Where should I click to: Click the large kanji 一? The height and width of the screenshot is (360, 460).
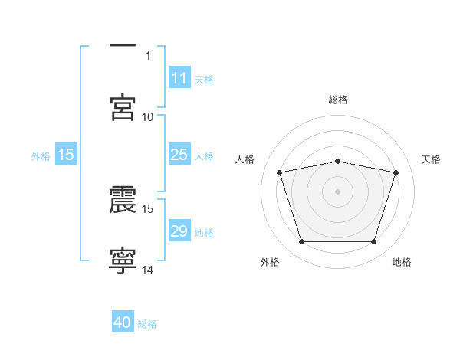click(x=123, y=45)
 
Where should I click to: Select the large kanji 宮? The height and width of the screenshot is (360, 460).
click(x=123, y=107)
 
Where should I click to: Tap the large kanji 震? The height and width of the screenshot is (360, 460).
click(x=123, y=199)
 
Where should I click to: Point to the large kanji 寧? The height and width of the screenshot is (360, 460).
click(x=123, y=261)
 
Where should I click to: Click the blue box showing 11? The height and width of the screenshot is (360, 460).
click(x=179, y=77)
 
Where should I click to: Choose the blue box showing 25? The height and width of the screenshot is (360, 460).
click(x=179, y=154)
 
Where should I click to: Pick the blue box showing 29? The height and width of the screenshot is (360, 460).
click(x=179, y=230)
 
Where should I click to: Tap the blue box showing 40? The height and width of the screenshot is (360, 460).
click(x=123, y=321)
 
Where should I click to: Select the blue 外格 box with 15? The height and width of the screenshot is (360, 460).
click(x=66, y=154)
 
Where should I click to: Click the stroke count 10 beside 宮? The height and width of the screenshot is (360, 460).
click(x=147, y=117)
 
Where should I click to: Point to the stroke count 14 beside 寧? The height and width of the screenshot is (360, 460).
click(x=147, y=270)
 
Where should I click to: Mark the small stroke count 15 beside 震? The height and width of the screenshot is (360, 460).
click(x=147, y=209)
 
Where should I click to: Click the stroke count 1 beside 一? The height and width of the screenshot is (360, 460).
click(x=148, y=56)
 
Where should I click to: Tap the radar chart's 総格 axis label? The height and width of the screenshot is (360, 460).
click(x=338, y=100)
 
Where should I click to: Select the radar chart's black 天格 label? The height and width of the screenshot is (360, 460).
click(x=431, y=159)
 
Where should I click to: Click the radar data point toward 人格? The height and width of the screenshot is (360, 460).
click(x=280, y=172)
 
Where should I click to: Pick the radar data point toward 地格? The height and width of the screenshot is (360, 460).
click(x=374, y=242)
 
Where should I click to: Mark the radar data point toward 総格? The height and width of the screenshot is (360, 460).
click(x=337, y=162)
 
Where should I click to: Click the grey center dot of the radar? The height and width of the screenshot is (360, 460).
click(x=337, y=191)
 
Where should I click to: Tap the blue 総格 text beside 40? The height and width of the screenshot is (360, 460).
click(x=147, y=324)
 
